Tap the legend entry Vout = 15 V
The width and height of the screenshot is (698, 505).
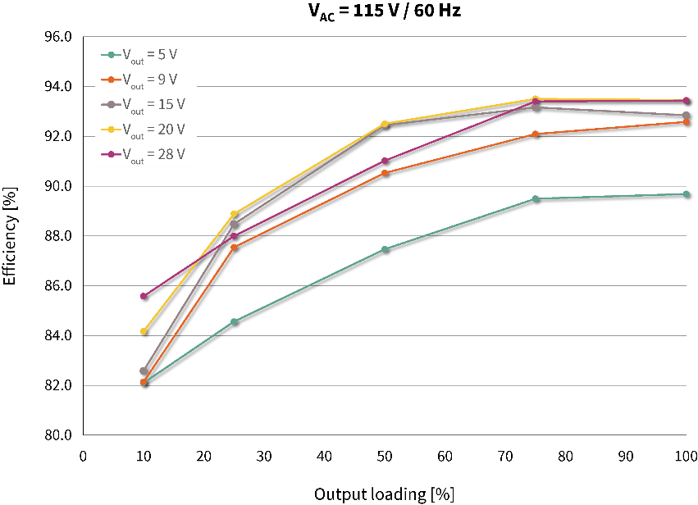[x=149, y=105]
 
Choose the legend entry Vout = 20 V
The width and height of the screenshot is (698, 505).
[x=149, y=130]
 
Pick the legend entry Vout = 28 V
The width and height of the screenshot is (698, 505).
[x=149, y=154]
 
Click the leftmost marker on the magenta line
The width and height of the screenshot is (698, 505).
[x=143, y=296]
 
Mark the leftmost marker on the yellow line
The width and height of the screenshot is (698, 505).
[x=143, y=331]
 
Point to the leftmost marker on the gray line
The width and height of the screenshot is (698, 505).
[x=143, y=371]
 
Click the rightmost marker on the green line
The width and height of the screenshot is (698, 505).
[x=686, y=193]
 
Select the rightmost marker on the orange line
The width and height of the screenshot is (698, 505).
[x=686, y=122]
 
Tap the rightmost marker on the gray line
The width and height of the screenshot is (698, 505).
[x=686, y=115]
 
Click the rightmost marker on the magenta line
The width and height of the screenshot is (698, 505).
[x=686, y=100]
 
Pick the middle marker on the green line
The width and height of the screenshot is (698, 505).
[x=385, y=249]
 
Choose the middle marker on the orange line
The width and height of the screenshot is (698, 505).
[x=385, y=173]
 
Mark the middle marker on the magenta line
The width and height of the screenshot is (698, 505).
[x=385, y=161]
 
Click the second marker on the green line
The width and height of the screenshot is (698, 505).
[x=234, y=321]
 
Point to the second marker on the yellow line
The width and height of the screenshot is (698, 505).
[x=234, y=214]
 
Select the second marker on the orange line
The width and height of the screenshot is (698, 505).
[x=234, y=248]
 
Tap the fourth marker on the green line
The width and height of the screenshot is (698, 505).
[x=535, y=198]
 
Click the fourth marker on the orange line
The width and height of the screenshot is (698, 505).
[x=535, y=134]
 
